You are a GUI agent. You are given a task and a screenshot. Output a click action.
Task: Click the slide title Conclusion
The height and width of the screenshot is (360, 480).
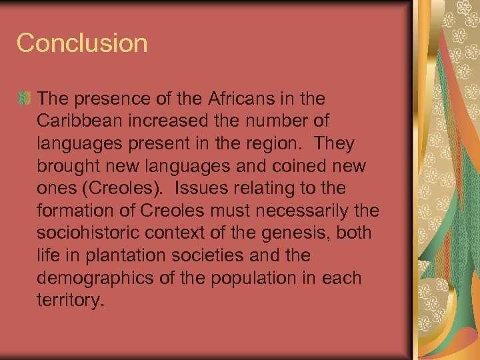click(82, 43)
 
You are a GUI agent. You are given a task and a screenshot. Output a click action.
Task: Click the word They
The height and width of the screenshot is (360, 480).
click(335, 144)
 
